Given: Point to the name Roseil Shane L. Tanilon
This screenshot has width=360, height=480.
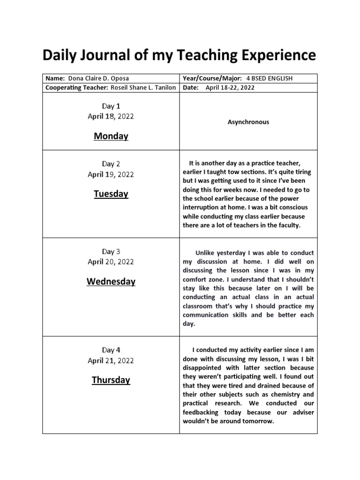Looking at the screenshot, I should [143, 88].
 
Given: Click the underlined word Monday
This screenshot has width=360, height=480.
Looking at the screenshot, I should [111, 136].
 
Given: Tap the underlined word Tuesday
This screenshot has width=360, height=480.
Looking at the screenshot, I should [111, 194].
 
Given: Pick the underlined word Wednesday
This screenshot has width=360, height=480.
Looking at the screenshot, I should [111, 281].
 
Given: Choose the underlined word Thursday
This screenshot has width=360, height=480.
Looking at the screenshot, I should [111, 380].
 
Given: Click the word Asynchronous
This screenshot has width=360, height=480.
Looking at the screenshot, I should [248, 122].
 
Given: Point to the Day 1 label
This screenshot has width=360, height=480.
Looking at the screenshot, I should [111, 106].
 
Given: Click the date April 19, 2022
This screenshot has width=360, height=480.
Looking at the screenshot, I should [111, 174].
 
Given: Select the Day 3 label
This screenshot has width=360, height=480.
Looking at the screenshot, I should [111, 252].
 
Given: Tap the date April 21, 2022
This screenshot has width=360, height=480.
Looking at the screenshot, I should [111, 360].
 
